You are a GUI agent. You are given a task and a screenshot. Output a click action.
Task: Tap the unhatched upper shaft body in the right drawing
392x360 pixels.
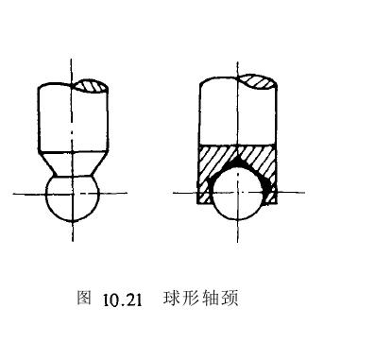click(222, 113)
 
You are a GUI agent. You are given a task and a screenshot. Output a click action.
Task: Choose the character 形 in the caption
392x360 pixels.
click(193, 300)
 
